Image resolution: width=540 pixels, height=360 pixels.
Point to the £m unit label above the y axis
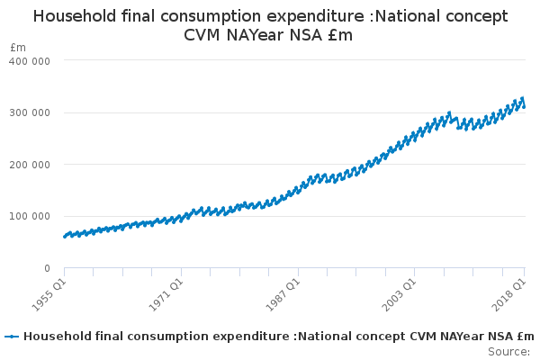pos(18,47)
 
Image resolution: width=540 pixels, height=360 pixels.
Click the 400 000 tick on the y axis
pos(30,60)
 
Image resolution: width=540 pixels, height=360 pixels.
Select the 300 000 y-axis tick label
pos(30,112)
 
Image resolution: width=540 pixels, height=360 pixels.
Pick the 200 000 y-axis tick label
pos(30,165)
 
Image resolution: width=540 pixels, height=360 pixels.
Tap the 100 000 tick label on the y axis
pos(30,216)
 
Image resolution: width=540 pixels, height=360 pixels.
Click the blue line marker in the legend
pos(12,337)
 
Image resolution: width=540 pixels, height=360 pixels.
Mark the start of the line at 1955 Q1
pos(65,237)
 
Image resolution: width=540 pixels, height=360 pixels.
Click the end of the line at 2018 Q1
pos(525,106)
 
